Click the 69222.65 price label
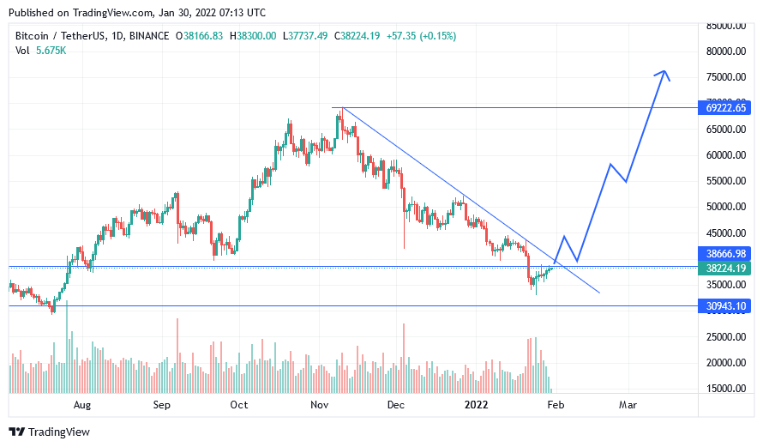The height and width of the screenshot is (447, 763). pyautogui.click(x=725, y=107)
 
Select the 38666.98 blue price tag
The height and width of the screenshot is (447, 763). pyautogui.click(x=725, y=254)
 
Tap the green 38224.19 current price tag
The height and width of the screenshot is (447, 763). pyautogui.click(x=725, y=269)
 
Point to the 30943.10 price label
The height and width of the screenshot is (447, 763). pyautogui.click(x=725, y=305)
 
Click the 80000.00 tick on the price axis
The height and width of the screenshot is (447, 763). pyautogui.click(x=726, y=51)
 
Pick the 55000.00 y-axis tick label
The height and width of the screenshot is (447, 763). pyautogui.click(x=726, y=181)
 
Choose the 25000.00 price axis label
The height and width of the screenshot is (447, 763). pyautogui.click(x=726, y=336)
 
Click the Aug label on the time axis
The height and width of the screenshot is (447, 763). pyautogui.click(x=82, y=405)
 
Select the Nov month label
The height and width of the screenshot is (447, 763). pyautogui.click(x=319, y=405)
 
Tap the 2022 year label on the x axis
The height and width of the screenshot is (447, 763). pyautogui.click(x=476, y=405)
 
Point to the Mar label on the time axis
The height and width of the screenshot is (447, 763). pyautogui.click(x=628, y=405)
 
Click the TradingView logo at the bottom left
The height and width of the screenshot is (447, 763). pyautogui.click(x=49, y=432)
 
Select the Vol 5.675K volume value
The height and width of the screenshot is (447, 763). pyautogui.click(x=40, y=51)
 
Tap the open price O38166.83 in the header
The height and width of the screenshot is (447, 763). pyautogui.click(x=199, y=36)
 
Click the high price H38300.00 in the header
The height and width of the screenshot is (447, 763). pyautogui.click(x=253, y=36)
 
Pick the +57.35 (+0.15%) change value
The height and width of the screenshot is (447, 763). pyautogui.click(x=422, y=36)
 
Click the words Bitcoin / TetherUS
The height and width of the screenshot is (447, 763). pyautogui.click(x=59, y=36)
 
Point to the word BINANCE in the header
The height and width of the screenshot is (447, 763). pyautogui.click(x=149, y=36)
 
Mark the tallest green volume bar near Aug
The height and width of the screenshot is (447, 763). pyautogui.click(x=67, y=347)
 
